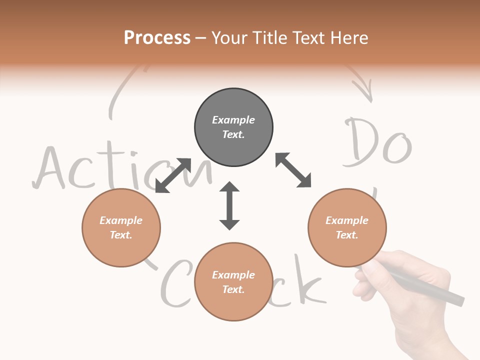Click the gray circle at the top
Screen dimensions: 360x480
click(233, 127)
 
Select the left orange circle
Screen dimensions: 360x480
click(121, 227)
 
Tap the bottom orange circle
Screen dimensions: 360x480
click(233, 282)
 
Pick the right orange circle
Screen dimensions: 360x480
click(347, 227)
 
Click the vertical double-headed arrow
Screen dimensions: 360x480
click(229, 205)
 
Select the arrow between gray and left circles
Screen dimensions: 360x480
click(173, 175)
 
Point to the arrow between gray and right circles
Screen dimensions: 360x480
click(293, 170)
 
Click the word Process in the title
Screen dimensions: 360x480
click(157, 38)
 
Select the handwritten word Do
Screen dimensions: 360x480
click(377, 142)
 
